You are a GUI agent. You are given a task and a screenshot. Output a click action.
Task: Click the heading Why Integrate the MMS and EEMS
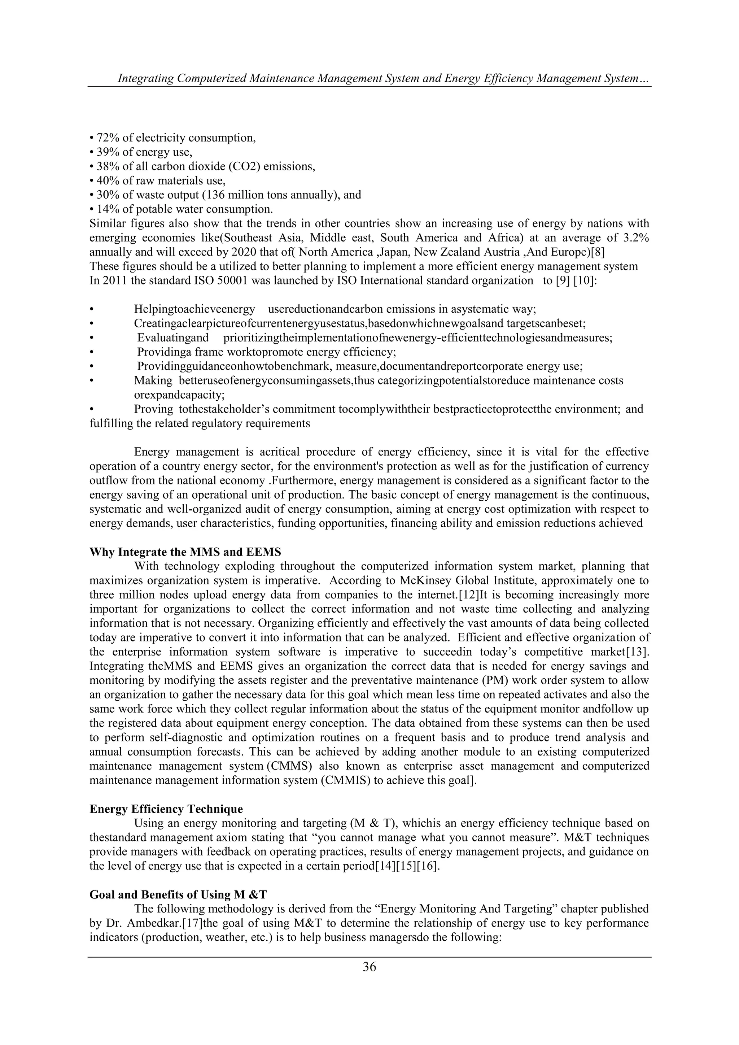coord(185,552)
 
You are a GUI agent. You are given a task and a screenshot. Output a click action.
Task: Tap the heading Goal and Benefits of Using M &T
coord(178,894)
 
